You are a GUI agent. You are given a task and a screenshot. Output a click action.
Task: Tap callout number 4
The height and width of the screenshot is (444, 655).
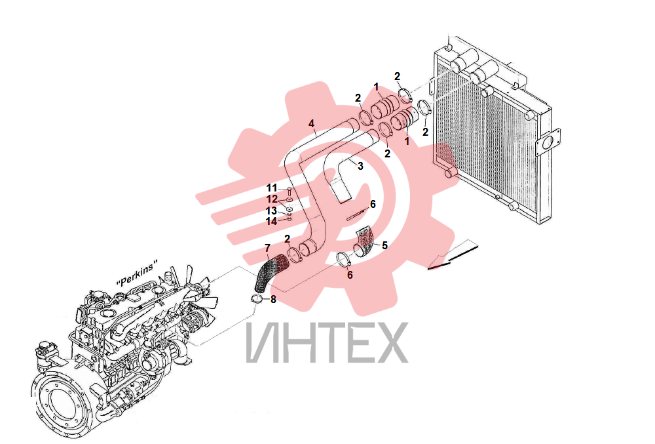point(311,124)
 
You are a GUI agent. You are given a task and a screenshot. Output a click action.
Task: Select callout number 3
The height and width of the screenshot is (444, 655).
point(360,166)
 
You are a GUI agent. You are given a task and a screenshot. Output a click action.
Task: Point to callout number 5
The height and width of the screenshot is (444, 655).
point(384,245)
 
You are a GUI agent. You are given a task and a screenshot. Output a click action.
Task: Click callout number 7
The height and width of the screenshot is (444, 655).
point(267,248)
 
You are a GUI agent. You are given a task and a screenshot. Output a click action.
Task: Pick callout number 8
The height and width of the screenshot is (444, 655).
point(273,299)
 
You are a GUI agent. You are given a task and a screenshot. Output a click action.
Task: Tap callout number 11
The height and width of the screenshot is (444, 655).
point(272,188)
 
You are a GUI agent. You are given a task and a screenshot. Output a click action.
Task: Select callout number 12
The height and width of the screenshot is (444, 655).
point(272,199)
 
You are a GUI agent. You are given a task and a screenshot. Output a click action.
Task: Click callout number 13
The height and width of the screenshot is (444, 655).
point(272,211)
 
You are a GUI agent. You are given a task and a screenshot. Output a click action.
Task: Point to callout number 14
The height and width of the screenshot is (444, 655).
point(272,221)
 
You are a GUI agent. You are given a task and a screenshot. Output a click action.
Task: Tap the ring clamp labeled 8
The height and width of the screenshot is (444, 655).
point(257,299)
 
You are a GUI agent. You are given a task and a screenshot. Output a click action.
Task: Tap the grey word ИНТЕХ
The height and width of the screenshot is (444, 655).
point(327,342)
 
